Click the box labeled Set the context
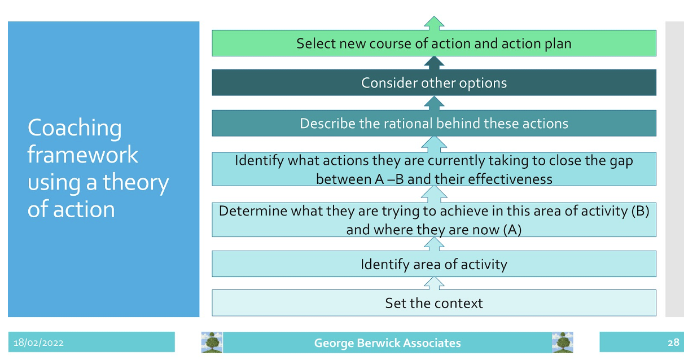click(434, 302)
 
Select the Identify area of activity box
click(434, 264)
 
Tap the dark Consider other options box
click(434, 82)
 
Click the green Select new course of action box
click(434, 43)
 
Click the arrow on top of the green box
click(434, 23)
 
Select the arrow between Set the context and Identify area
click(434, 283)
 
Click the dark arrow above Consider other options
click(434, 63)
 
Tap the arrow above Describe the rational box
click(434, 103)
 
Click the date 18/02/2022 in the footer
click(38, 343)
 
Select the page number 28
click(673, 343)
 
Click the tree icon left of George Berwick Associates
click(212, 343)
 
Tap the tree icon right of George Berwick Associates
click(563, 343)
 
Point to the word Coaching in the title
click(74, 128)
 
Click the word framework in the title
click(83, 154)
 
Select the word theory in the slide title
click(135, 183)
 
